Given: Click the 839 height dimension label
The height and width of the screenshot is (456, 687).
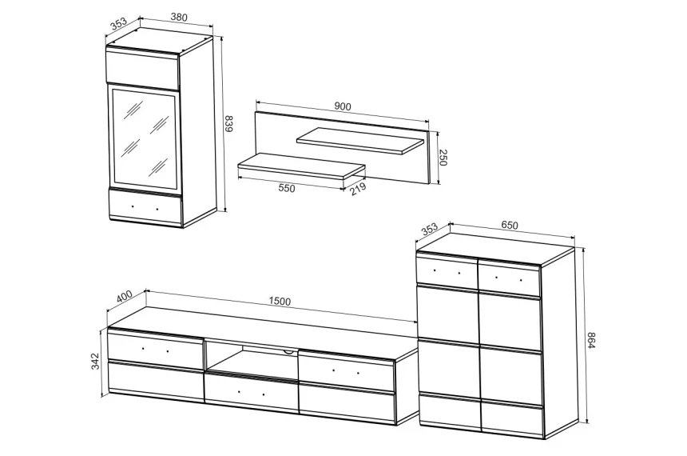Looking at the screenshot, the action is (x=228, y=124).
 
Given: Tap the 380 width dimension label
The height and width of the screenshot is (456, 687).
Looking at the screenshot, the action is (x=179, y=17).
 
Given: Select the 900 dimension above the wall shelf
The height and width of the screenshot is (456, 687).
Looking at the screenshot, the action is (x=343, y=106).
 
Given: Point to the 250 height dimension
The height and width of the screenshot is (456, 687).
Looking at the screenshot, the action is (x=443, y=158).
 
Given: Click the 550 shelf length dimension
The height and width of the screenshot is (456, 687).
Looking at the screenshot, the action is (x=287, y=188).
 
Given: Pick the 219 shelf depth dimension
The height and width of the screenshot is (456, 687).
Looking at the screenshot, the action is (x=359, y=189).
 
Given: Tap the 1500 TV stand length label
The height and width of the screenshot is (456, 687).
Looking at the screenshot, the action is (x=280, y=302).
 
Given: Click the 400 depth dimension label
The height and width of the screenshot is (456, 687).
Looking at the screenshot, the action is (x=124, y=297).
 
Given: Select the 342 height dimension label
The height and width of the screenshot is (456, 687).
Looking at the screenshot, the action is (x=95, y=362).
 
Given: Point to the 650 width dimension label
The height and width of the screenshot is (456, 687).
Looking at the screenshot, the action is (x=510, y=225).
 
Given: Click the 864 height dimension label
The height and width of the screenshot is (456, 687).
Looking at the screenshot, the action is (x=590, y=341).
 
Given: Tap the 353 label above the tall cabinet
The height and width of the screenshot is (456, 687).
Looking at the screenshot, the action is (x=118, y=23).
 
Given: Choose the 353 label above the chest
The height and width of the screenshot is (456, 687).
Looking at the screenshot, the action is (x=430, y=230).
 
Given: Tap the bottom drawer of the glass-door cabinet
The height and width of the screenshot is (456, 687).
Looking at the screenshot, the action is (x=145, y=207).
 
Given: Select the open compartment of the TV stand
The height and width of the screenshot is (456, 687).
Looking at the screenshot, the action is (x=251, y=356).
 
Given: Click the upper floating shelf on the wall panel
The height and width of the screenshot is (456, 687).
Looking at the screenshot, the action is (x=360, y=141).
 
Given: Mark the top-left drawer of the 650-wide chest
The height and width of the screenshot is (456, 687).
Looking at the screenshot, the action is (x=447, y=270).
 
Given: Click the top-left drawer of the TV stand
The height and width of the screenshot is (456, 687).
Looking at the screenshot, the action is (x=156, y=349).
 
